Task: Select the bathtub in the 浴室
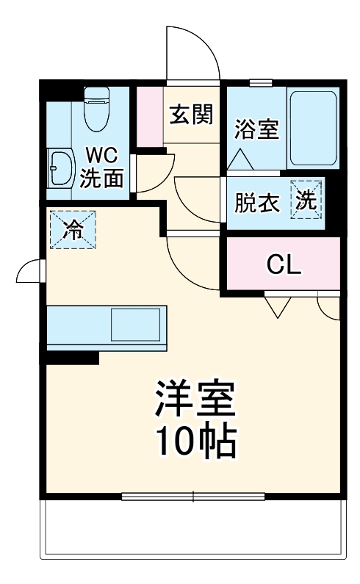312,128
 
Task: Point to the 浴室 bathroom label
256,130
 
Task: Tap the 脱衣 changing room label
257,203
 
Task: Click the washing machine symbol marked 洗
306,200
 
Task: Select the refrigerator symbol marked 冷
72,229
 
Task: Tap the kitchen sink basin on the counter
134,323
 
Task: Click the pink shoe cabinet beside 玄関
150,115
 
